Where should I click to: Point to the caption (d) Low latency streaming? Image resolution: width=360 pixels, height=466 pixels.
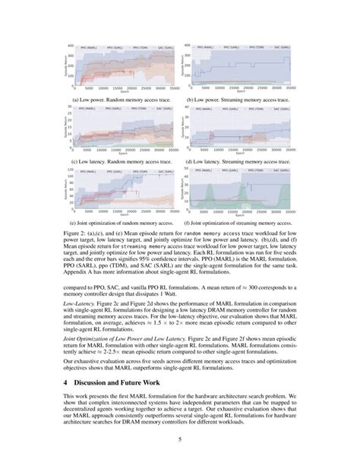click(x=241, y=161)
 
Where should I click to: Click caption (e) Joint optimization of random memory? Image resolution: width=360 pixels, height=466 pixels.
click(x=122, y=222)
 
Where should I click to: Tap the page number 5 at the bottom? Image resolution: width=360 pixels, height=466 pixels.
click(x=180, y=439)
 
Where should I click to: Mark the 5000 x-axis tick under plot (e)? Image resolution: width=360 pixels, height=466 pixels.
click(x=90, y=211)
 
